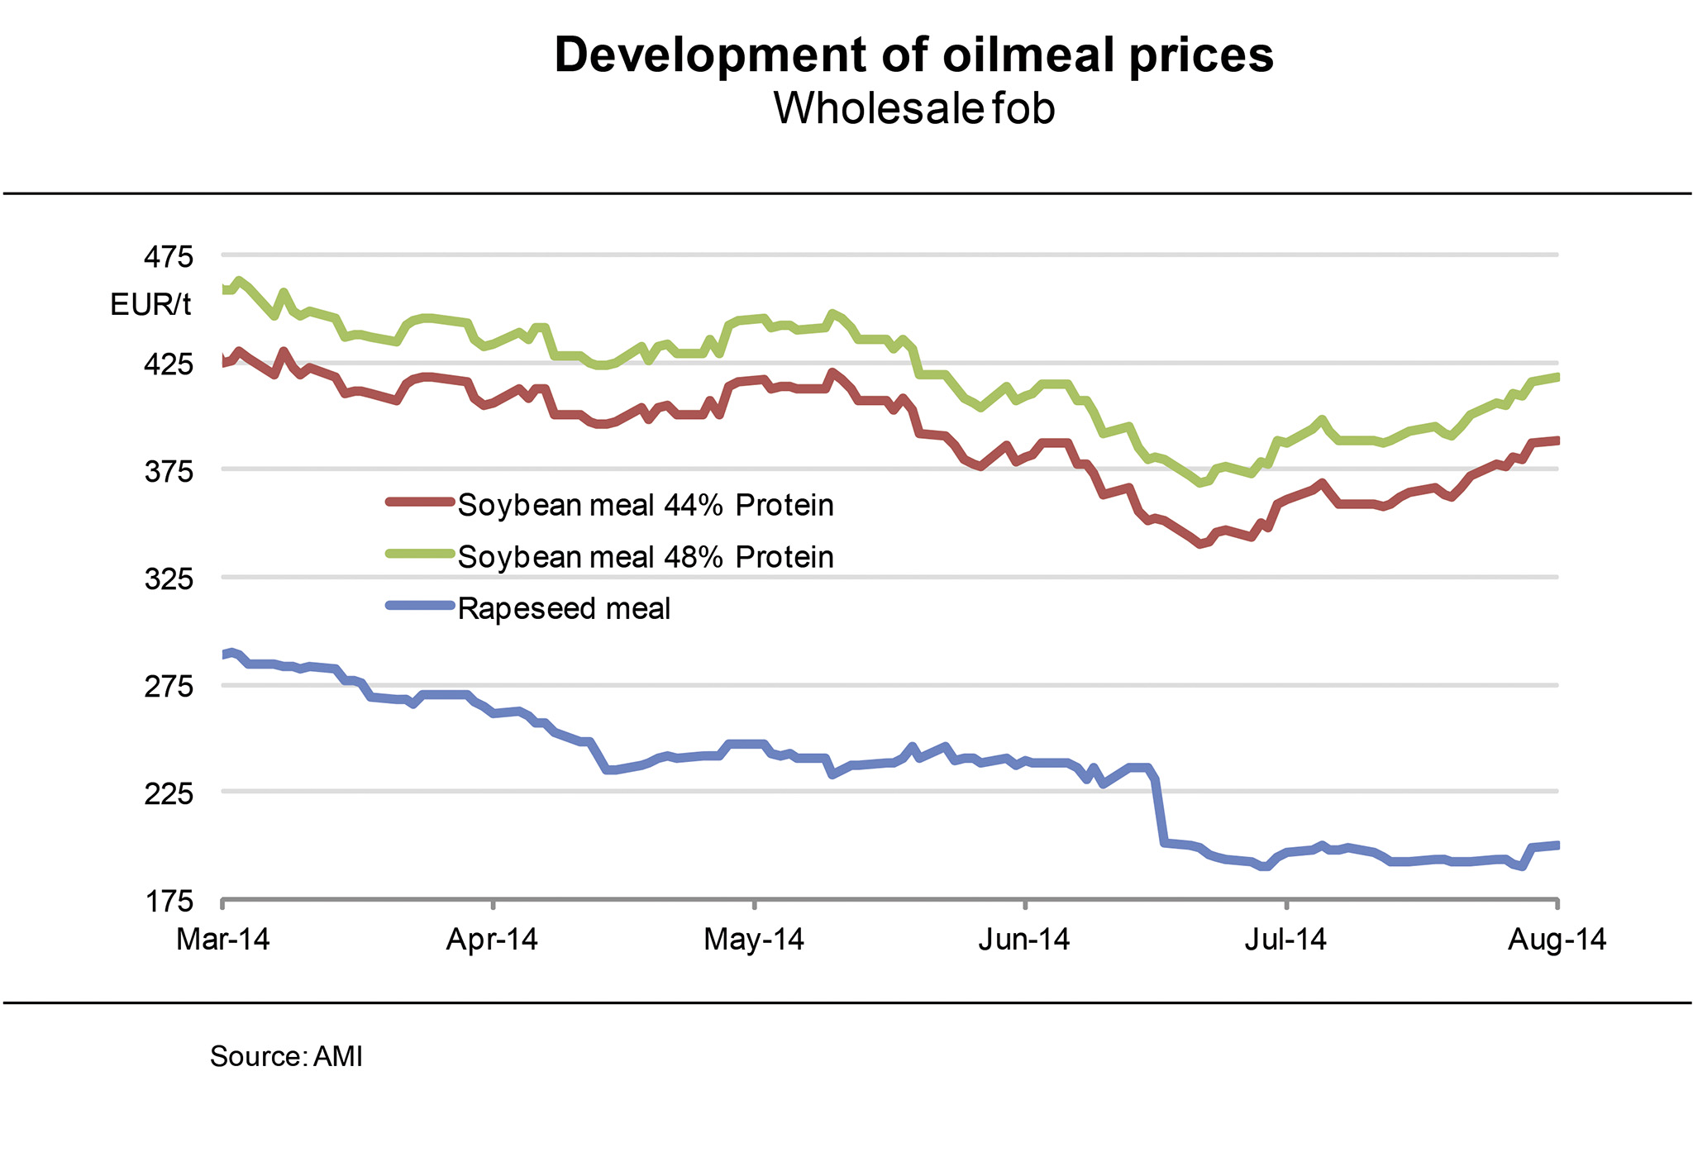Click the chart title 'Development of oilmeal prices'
[913, 55]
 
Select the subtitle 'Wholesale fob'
[913, 108]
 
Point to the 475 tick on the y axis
[169, 256]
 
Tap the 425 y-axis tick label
[169, 364]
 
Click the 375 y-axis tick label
[169, 472]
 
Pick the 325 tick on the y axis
[169, 578]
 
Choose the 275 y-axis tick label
[169, 686]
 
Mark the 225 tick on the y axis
[169, 793]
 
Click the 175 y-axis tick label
[169, 900]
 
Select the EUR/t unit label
[150, 305]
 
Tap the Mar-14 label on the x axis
[223, 940]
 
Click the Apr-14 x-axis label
[492, 940]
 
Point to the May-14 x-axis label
[754, 940]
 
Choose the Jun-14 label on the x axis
[1024, 940]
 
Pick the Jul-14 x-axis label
[1286, 940]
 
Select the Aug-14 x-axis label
[1557, 940]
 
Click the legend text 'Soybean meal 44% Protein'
[646, 505]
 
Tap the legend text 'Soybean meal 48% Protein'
[646, 557]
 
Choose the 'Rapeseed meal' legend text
[564, 609]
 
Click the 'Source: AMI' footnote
[286, 1056]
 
